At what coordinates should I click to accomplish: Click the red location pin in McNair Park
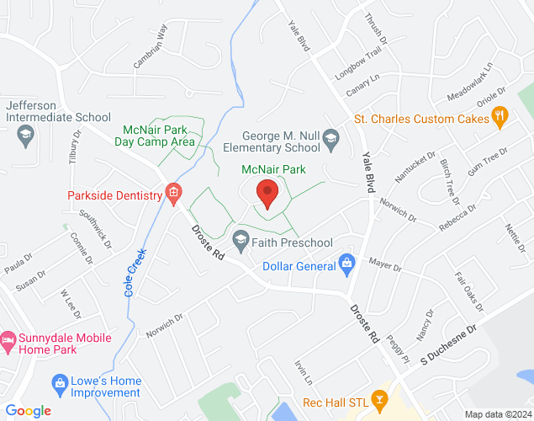click(267, 193)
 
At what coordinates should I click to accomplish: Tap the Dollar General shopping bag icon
click(346, 264)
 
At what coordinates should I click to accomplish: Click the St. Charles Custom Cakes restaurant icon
click(500, 118)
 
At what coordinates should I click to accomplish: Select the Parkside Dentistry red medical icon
click(173, 195)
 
